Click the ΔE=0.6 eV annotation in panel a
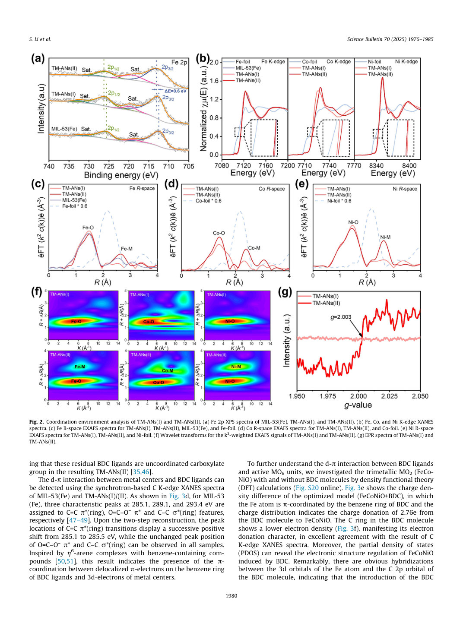click(175, 91)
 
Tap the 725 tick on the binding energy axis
click(109, 166)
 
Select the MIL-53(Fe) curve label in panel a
click(64, 129)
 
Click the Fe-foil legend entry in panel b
click(243, 62)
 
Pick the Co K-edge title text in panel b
click(339, 62)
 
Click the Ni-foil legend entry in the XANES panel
click(374, 62)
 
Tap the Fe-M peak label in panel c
click(127, 249)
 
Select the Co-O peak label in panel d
click(219, 233)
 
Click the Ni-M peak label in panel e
click(385, 237)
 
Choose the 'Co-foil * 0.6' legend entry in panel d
click(208, 201)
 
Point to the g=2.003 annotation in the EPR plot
click(341, 317)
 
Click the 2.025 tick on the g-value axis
click(389, 396)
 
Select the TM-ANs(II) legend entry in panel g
click(326, 303)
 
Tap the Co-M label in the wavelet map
click(168, 371)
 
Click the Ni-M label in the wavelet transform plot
click(236, 367)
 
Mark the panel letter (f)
click(37, 293)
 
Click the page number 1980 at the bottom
click(231, 595)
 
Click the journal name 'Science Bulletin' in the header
click(365, 39)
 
